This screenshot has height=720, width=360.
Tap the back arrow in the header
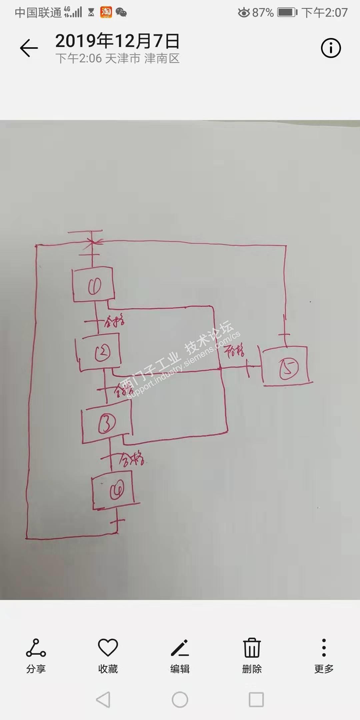(29, 48)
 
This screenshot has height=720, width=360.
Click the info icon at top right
(331, 48)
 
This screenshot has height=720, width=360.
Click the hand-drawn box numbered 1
(94, 285)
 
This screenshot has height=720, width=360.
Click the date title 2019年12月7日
(117, 41)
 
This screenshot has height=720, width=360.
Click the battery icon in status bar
(287, 13)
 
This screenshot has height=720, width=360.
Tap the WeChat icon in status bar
(121, 13)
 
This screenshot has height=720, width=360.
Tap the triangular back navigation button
(103, 699)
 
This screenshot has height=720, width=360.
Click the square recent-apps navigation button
(256, 699)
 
